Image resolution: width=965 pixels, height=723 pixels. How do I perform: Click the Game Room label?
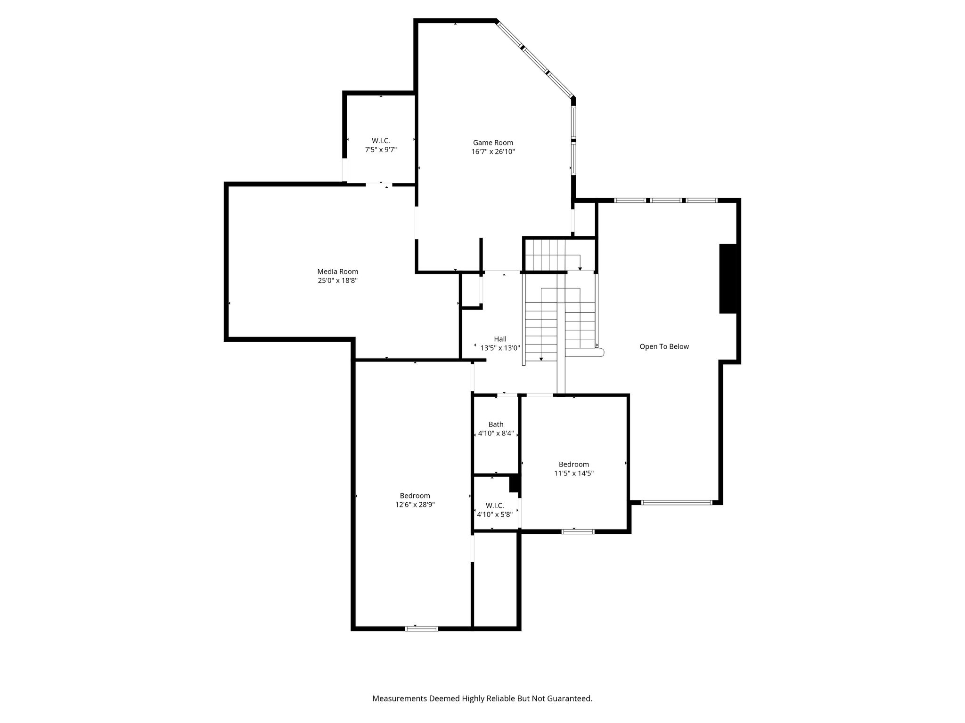(x=493, y=143)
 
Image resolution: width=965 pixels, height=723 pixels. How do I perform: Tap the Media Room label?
(x=337, y=272)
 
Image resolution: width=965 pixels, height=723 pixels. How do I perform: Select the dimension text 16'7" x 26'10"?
(x=493, y=152)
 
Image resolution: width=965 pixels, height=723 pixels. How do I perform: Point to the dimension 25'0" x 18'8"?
(x=337, y=281)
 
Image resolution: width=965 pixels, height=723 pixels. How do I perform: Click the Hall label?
(x=500, y=339)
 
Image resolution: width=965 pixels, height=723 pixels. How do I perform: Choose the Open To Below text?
(x=664, y=346)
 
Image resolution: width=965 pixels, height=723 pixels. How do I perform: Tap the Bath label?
(x=496, y=425)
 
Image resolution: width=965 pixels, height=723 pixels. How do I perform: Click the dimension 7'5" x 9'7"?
(x=381, y=150)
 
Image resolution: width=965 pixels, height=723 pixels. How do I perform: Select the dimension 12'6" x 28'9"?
(x=415, y=505)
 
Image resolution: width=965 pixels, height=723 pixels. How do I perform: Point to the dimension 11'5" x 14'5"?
(x=573, y=474)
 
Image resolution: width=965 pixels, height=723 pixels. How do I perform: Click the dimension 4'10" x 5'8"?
(x=495, y=514)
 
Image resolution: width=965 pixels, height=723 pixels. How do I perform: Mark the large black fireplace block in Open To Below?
(x=728, y=278)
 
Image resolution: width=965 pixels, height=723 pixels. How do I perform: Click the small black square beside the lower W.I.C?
(x=514, y=484)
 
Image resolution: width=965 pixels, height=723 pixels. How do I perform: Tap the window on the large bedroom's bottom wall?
(x=422, y=628)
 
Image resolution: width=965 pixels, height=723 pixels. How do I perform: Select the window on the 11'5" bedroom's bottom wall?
(x=578, y=531)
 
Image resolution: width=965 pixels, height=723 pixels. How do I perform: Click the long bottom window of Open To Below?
(x=677, y=503)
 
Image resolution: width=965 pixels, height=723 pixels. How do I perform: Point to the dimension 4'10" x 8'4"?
(x=496, y=434)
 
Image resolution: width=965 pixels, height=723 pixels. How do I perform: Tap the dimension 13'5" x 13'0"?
(x=500, y=348)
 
